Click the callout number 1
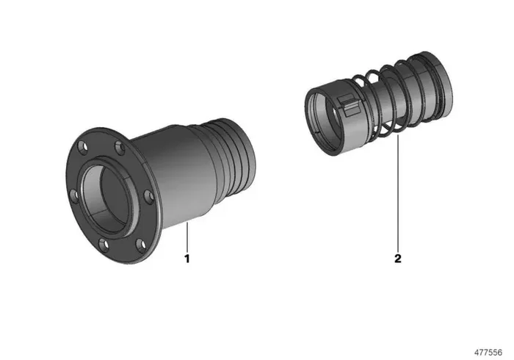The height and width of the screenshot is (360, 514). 187,259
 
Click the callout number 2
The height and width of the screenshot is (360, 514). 398,259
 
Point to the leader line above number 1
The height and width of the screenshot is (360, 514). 187,237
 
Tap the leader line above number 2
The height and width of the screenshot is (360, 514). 398,192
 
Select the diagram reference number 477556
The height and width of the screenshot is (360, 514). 488,353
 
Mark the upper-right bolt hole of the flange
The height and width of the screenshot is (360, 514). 120,147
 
